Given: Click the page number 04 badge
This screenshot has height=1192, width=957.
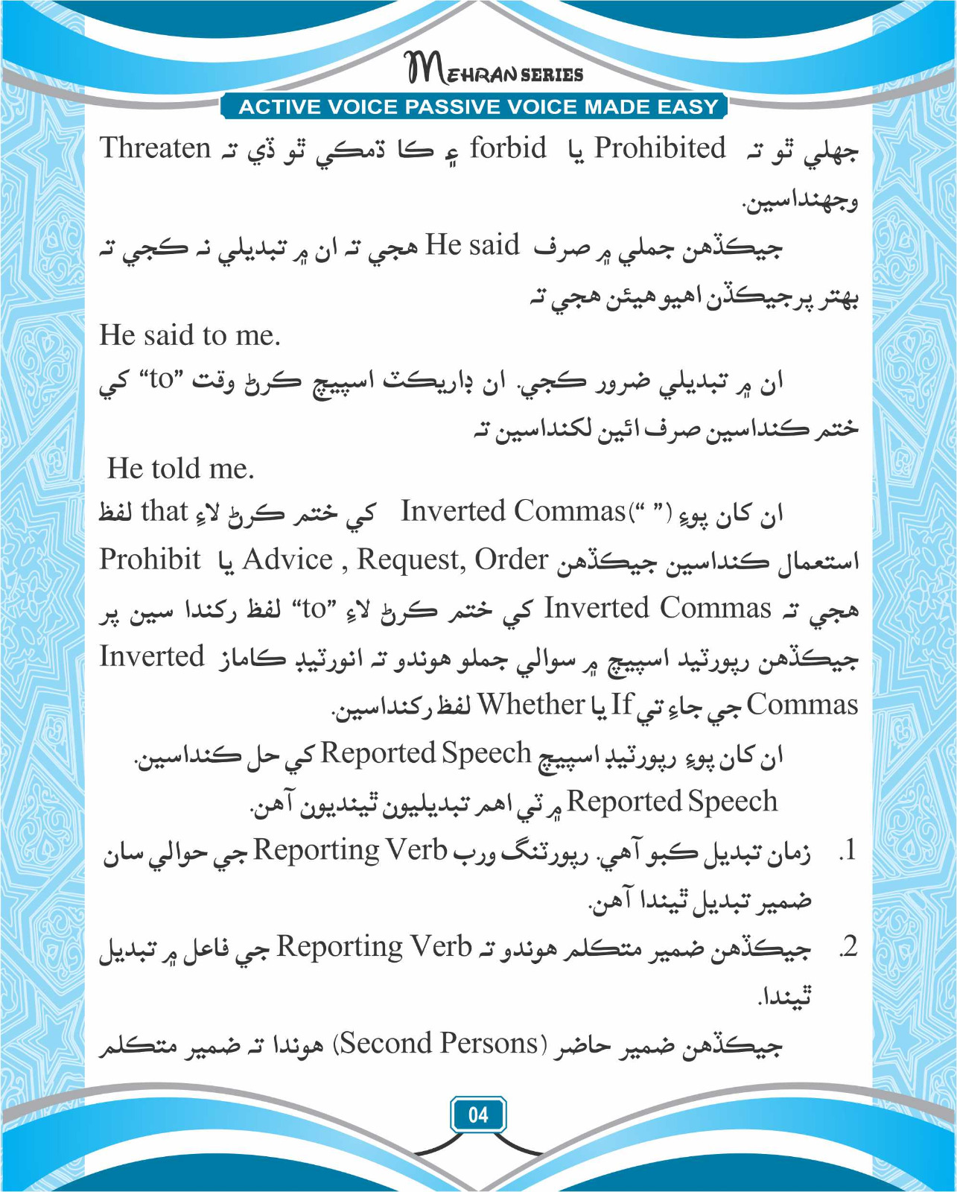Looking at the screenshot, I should (x=478, y=1115).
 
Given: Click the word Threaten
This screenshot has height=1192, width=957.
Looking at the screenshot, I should (x=156, y=148).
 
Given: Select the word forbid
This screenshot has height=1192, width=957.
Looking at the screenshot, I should (x=508, y=148).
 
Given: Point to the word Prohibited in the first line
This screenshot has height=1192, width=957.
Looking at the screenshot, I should (x=659, y=148).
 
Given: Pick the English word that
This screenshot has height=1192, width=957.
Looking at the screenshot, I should (x=164, y=512).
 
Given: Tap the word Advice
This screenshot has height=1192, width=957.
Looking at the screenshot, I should (x=287, y=559).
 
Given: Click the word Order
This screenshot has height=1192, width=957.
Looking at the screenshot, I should (x=512, y=559).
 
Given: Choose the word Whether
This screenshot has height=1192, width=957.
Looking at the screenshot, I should (x=531, y=704).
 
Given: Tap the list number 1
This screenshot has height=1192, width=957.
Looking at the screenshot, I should (x=848, y=851).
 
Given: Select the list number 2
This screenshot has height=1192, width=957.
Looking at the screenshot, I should (x=848, y=948).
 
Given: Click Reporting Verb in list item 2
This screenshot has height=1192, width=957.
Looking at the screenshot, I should (x=374, y=947).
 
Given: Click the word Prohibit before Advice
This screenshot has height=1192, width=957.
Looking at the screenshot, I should (x=150, y=559).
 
